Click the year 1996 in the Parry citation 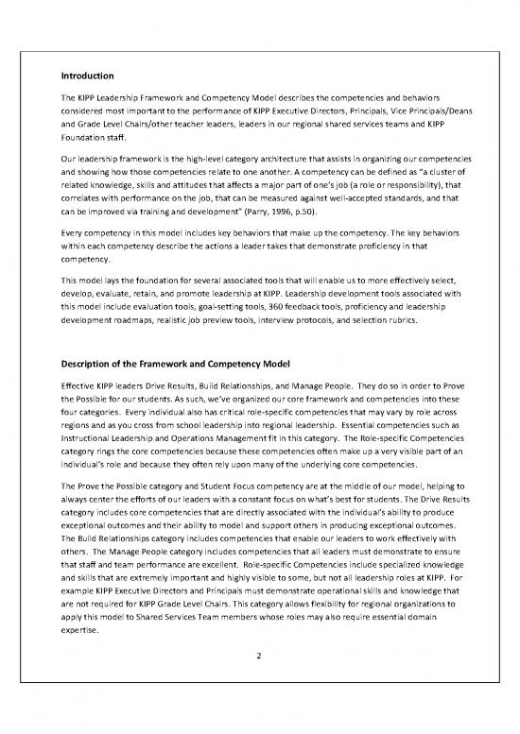point(302,203)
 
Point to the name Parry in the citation point(273,203)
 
